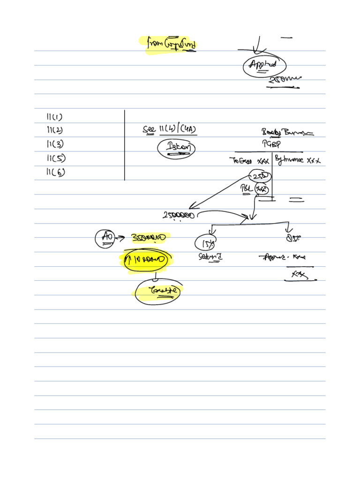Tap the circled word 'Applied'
pyautogui.click(x=264, y=66)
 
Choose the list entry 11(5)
pyautogui.click(x=55, y=158)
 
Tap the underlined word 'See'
pyautogui.click(x=149, y=129)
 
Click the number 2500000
pyautogui.click(x=179, y=215)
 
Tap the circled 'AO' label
pyautogui.click(x=105, y=238)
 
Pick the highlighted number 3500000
pyautogui.click(x=149, y=238)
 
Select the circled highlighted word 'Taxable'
pyautogui.click(x=157, y=292)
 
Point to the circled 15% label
pyautogui.click(x=205, y=243)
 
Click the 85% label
pyautogui.click(x=293, y=238)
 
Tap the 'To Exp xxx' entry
pyautogui.click(x=249, y=160)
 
